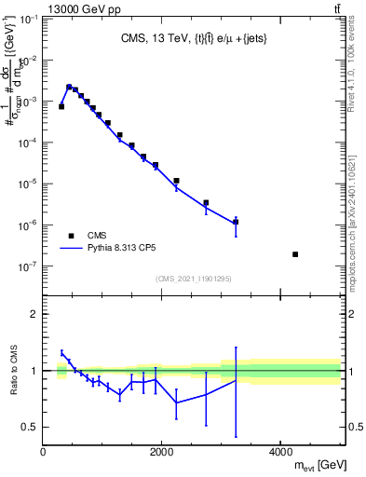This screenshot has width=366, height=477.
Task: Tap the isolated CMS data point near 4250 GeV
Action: click(295, 254)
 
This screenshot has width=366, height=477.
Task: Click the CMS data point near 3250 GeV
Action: click(236, 222)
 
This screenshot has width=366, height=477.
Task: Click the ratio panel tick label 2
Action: click(34, 314)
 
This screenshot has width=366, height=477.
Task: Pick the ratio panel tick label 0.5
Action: click(29, 428)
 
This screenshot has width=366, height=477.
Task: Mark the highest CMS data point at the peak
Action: click(69, 88)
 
